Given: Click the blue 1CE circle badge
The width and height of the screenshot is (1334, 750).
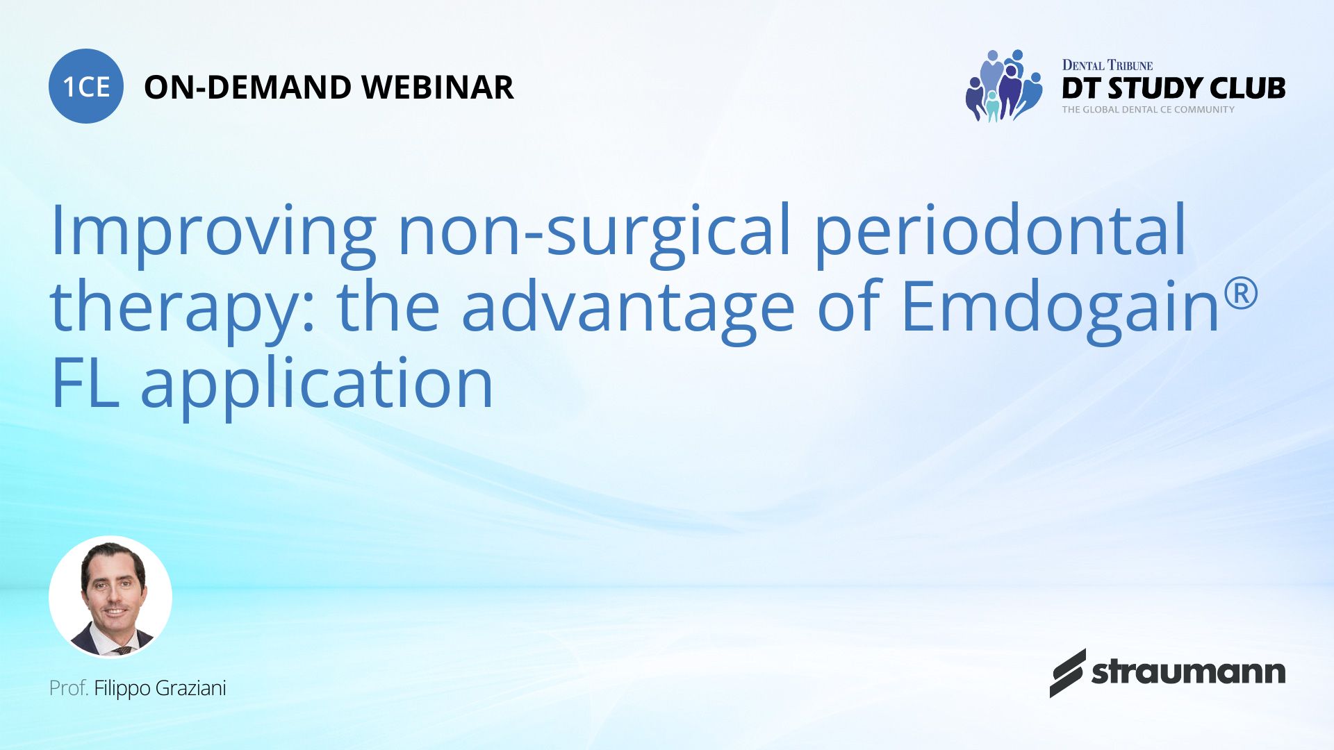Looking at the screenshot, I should (x=86, y=86).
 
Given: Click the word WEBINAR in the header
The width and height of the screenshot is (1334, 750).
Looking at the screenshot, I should (x=437, y=87).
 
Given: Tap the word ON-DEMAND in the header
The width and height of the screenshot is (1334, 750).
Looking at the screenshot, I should (x=247, y=87).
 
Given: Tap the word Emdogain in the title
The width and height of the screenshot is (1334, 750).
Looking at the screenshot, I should (x=1060, y=306).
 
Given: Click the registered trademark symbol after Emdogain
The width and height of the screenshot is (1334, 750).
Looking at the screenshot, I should (x=1241, y=293).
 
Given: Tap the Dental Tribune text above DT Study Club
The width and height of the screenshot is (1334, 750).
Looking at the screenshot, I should (x=1107, y=65).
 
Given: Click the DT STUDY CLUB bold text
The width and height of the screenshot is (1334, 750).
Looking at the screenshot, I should (x=1173, y=88).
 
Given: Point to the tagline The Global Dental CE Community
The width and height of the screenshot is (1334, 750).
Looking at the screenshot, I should (x=1148, y=110).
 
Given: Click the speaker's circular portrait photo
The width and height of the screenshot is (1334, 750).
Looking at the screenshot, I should (x=110, y=597).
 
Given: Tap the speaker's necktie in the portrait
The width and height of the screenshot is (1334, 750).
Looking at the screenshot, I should (x=122, y=651).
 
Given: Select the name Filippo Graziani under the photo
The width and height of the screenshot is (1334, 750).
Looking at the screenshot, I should (x=160, y=688).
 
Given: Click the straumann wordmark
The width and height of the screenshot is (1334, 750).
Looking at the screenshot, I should (x=1187, y=672).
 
